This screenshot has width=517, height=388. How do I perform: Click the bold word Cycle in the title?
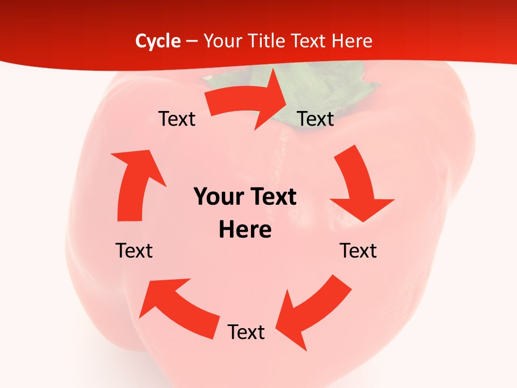(x=158, y=41)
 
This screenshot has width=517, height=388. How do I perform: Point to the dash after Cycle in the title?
(x=192, y=41)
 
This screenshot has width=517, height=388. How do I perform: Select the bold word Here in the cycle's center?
(x=245, y=230)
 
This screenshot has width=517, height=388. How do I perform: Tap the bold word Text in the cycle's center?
(x=271, y=197)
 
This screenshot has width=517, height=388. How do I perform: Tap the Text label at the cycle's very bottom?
(x=246, y=332)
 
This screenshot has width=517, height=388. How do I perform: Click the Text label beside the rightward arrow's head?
(x=316, y=119)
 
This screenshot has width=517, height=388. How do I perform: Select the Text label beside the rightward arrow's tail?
(x=177, y=119)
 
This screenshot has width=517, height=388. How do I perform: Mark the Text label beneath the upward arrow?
(x=134, y=251)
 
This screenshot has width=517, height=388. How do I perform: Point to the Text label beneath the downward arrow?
(x=358, y=251)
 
